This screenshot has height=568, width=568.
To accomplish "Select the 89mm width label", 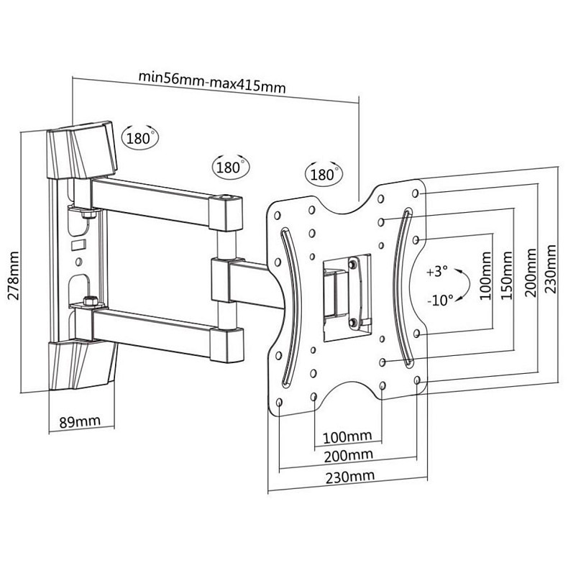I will coord(78,422).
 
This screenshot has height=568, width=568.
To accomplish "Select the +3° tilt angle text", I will coord(436,272).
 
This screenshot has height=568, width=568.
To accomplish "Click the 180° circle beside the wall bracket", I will coord(139,137).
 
